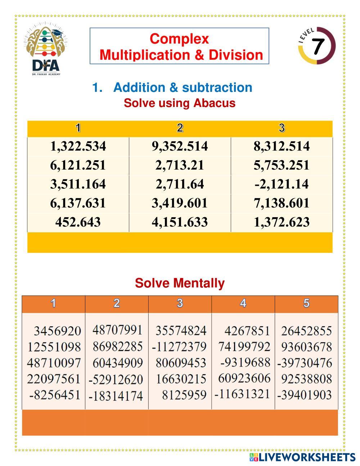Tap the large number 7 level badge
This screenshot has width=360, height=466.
click(x=317, y=46)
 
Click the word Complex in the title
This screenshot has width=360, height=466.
click(x=179, y=39)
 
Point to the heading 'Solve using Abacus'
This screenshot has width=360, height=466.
click(x=179, y=103)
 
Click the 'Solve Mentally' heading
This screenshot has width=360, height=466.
click(x=180, y=283)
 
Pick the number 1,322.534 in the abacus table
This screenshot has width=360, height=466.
click(x=78, y=146)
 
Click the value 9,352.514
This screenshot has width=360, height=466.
click(x=180, y=146)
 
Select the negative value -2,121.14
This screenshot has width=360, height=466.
click(x=282, y=184)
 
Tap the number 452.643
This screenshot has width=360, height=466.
click(x=78, y=222)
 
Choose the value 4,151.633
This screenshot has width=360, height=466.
click(x=180, y=222)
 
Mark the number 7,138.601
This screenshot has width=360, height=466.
click(x=282, y=203)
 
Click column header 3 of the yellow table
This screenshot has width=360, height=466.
click(x=282, y=128)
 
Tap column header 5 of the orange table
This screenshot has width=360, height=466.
click(x=306, y=303)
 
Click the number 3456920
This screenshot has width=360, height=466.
click(x=57, y=331)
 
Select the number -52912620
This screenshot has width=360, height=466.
click(x=116, y=379)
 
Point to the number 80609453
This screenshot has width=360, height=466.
click(x=181, y=363)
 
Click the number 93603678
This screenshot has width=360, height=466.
click(x=306, y=347)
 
